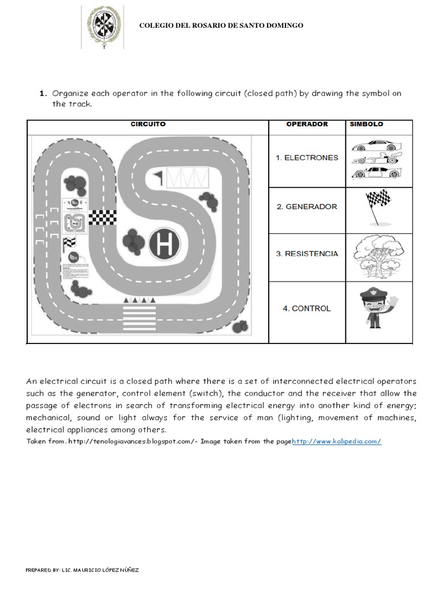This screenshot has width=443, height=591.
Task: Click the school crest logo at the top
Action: [x=104, y=27]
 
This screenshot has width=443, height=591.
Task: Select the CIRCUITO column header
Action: [x=148, y=124]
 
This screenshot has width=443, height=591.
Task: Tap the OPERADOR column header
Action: [x=307, y=124]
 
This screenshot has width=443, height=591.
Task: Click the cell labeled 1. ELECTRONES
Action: [x=307, y=158]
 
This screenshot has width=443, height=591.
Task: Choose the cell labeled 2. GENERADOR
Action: [x=307, y=207]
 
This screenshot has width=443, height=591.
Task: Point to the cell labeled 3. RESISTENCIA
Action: [x=307, y=253]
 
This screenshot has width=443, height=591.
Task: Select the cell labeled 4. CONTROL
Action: [x=307, y=309]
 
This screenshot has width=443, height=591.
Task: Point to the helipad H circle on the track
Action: [x=165, y=244]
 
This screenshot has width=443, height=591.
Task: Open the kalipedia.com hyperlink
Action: [x=336, y=442]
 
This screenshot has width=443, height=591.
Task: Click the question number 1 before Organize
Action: [x=43, y=93]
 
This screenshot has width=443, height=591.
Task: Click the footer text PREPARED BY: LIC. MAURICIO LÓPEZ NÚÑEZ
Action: [x=82, y=570]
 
